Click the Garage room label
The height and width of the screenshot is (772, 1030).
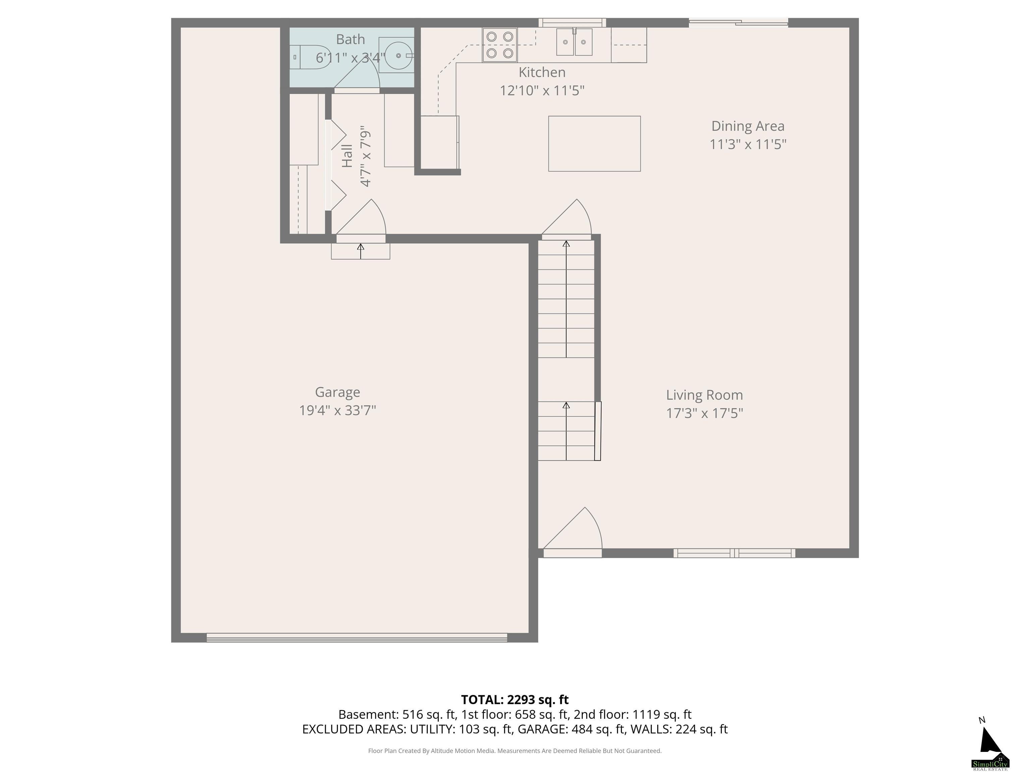(x=338, y=392)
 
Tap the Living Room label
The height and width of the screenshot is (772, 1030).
(x=704, y=395)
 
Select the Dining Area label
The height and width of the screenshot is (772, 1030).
(x=748, y=126)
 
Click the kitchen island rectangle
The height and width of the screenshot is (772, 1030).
(x=594, y=144)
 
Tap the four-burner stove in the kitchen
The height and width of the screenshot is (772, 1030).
(x=500, y=45)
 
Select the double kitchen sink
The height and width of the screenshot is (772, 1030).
(x=575, y=42)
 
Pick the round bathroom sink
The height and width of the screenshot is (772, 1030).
(x=398, y=55)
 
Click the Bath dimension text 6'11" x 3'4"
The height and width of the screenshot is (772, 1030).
(x=351, y=58)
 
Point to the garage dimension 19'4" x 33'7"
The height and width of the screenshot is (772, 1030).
(x=338, y=410)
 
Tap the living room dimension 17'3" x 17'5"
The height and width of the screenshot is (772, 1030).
(x=704, y=413)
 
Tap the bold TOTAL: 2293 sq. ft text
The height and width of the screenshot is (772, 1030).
(x=515, y=700)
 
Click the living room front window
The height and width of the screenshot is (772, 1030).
(x=734, y=553)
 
